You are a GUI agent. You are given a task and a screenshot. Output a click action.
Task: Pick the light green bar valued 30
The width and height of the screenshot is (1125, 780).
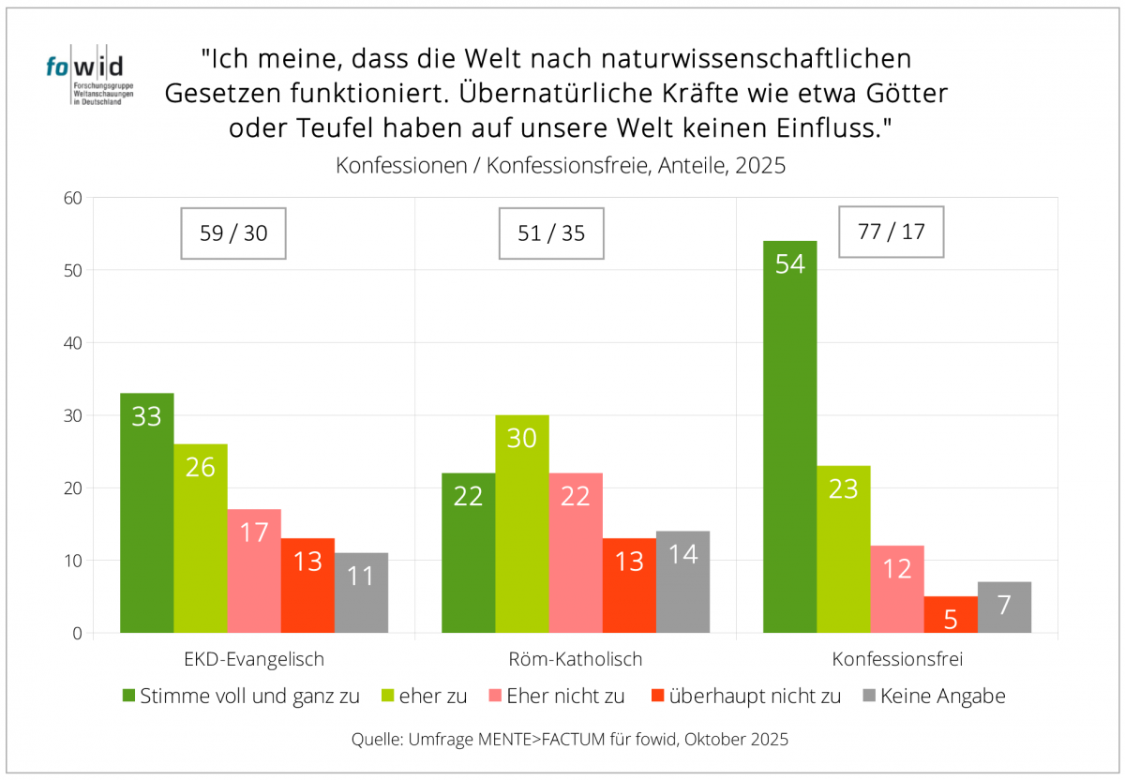(522, 524)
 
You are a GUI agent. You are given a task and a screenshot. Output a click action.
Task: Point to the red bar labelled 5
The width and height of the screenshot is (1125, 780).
(951, 615)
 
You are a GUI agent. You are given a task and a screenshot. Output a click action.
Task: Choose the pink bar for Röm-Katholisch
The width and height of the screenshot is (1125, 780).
(576, 553)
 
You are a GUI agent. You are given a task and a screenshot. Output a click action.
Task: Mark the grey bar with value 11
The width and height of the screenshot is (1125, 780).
(361, 592)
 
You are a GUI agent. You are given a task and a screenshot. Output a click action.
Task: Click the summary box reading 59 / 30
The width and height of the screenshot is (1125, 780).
(233, 233)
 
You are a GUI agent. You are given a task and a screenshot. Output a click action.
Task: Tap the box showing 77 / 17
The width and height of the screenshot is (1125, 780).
(891, 231)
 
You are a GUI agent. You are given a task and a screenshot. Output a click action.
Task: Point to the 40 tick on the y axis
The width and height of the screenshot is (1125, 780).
(73, 343)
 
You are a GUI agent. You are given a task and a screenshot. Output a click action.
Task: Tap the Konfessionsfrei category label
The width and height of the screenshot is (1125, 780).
(897, 659)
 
